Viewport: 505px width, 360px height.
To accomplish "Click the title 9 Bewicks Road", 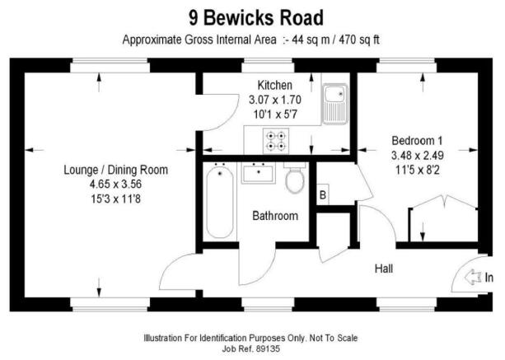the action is (256, 17).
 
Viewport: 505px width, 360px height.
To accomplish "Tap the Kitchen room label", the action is (274, 86).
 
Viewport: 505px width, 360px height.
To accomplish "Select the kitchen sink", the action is (335, 104).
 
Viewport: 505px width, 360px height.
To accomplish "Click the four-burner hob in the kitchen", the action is (276, 141).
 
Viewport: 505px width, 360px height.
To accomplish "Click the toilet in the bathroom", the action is (295, 178).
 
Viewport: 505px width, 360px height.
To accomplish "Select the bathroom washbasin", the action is (259, 173).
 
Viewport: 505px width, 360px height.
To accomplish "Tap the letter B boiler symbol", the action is (323, 194).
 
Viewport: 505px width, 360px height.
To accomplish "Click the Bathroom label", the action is (275, 216).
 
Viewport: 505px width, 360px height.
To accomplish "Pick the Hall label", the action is (384, 269).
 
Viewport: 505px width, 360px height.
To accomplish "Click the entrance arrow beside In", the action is (473, 277).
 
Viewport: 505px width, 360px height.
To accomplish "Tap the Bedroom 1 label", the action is (417, 141).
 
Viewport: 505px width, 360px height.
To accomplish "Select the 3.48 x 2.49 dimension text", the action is (418, 156).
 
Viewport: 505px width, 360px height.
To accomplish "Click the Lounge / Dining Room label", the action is (115, 170).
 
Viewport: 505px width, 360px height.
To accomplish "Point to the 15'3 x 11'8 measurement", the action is (115, 199).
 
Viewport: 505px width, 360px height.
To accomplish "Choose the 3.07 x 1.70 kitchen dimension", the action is (274, 100).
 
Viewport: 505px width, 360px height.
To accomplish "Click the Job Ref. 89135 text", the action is (251, 348).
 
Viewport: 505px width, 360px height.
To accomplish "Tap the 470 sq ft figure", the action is (359, 40).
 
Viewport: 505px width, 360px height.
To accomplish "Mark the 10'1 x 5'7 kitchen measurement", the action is (275, 115).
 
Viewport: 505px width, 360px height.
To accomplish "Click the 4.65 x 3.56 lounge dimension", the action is (115, 185).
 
